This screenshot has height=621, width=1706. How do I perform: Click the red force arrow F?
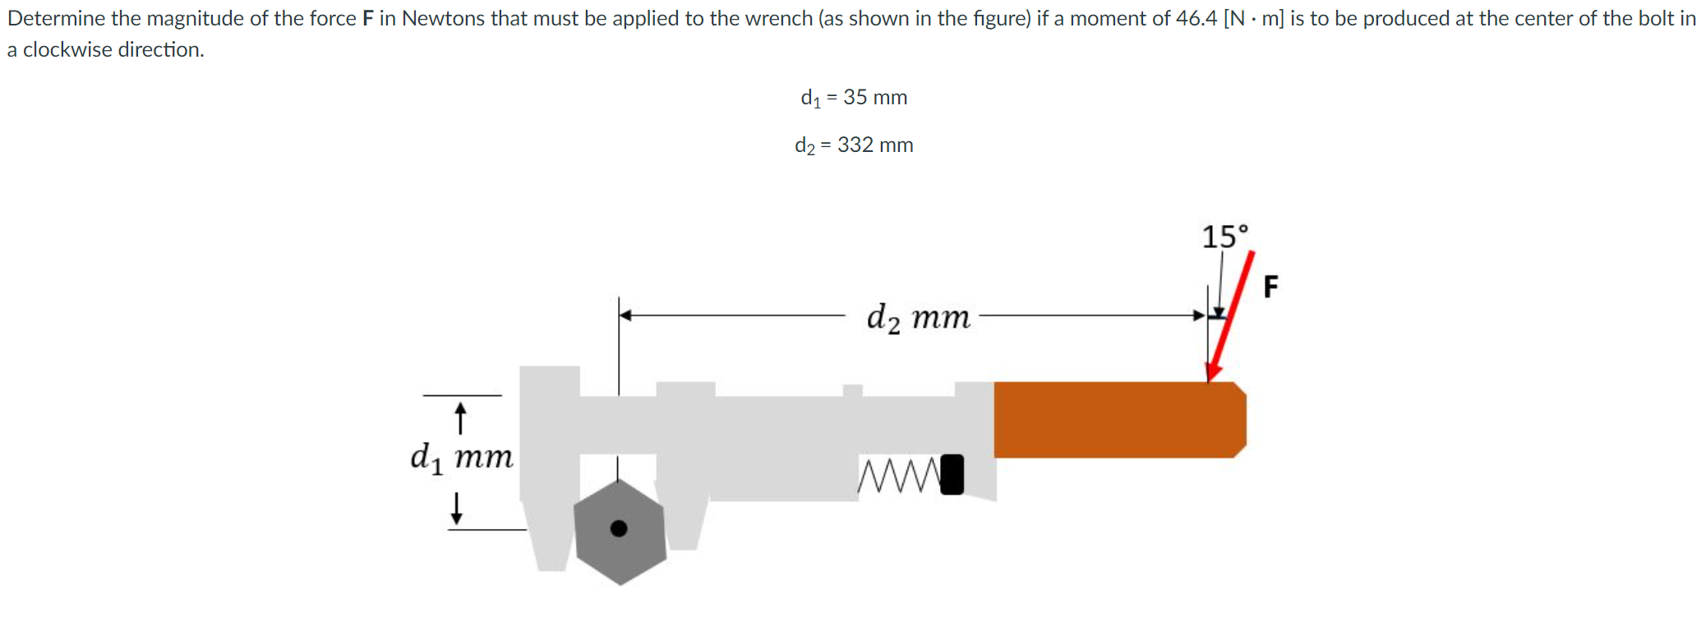(1230, 317)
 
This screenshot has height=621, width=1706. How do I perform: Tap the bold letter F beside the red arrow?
(1270, 287)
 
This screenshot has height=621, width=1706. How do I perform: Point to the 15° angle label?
(1224, 237)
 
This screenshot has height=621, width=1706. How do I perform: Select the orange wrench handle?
(1119, 420)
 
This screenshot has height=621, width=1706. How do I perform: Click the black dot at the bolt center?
(619, 528)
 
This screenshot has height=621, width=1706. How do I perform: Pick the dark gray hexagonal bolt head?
(620, 531)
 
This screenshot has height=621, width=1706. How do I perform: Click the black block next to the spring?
(952, 475)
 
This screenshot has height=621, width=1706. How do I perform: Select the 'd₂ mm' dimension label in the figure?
(919, 316)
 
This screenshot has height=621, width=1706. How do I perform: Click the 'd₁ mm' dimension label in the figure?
(462, 457)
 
